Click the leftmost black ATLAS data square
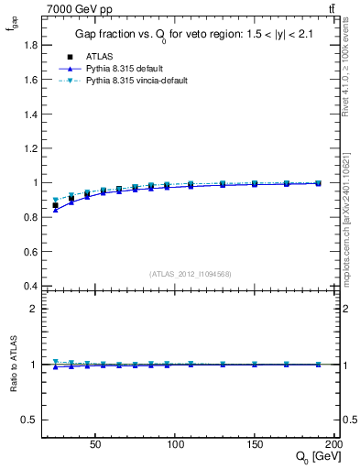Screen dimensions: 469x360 click(x=55, y=206)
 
